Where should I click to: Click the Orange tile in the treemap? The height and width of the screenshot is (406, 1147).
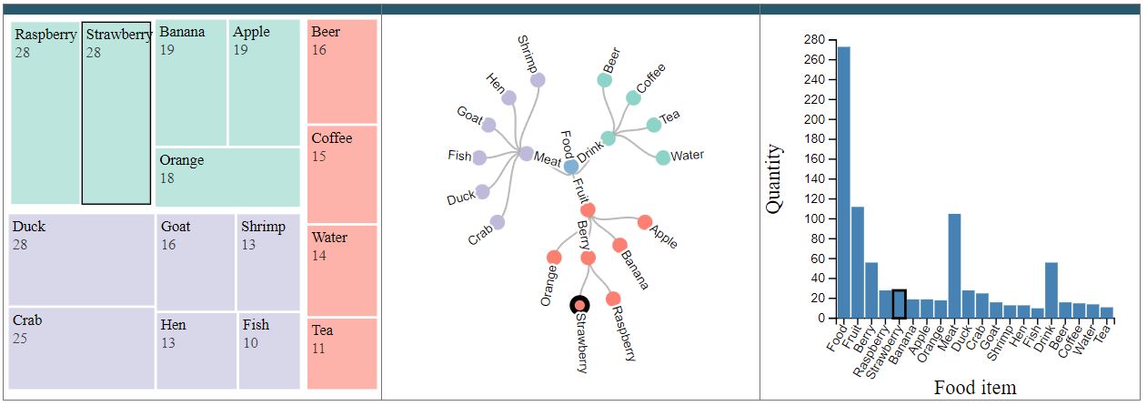(x=227, y=178)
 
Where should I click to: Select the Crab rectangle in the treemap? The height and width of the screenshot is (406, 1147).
(x=82, y=348)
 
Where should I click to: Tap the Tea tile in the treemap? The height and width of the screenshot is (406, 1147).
(x=342, y=354)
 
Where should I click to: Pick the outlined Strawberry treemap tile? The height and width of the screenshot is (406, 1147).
(x=116, y=113)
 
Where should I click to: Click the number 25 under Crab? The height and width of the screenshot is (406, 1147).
(x=20, y=339)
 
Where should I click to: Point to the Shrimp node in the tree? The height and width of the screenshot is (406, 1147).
(x=538, y=80)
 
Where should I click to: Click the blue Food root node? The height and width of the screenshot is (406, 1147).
(x=571, y=166)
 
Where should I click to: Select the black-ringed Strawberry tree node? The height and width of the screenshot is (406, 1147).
(x=579, y=306)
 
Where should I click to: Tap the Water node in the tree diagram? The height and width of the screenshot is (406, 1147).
(x=663, y=157)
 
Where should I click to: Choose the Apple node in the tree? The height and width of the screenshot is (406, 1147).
(x=645, y=222)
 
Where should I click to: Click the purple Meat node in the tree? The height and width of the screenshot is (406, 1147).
(x=527, y=153)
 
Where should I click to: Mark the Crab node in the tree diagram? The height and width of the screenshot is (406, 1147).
(x=498, y=222)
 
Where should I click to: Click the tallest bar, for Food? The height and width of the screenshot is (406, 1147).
(x=844, y=182)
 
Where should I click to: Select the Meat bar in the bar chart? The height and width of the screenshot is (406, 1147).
(x=954, y=266)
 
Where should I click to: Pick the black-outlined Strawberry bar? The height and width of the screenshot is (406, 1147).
(x=900, y=304)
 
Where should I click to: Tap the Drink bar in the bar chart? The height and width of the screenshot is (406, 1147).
(x=1051, y=290)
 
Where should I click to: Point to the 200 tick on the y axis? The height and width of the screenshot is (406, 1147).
(x=815, y=119)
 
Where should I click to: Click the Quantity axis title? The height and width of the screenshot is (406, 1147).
(x=774, y=178)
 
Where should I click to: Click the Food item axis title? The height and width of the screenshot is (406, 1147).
(x=975, y=388)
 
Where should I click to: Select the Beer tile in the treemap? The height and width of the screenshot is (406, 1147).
(x=342, y=71)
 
